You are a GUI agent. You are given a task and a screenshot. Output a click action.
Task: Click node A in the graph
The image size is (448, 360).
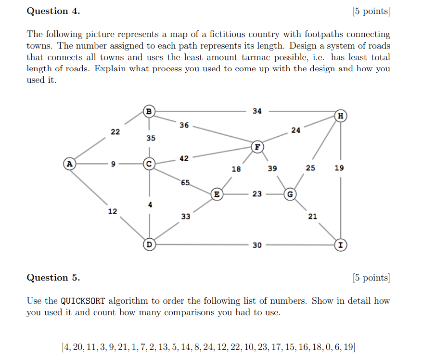pyautogui.click(x=70, y=164)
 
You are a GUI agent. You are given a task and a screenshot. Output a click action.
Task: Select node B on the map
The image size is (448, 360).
pyautogui.click(x=149, y=112)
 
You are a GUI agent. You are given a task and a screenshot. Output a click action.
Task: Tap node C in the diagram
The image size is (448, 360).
pyautogui.click(x=149, y=164)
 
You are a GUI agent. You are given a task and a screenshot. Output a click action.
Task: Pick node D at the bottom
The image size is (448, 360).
pyautogui.click(x=149, y=245)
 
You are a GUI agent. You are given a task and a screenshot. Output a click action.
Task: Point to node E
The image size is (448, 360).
pyautogui.click(x=217, y=194)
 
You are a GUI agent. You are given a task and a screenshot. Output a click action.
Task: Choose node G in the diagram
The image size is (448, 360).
pyautogui.click(x=290, y=194)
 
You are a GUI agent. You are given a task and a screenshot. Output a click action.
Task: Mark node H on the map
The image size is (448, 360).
pyautogui.click(x=341, y=116)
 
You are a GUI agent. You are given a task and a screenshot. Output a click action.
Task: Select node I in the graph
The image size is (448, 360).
pyautogui.click(x=341, y=245)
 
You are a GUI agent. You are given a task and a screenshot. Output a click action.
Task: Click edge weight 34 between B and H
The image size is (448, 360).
pyautogui.click(x=257, y=111)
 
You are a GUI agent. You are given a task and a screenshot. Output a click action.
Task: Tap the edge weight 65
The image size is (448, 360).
pyautogui.click(x=186, y=183)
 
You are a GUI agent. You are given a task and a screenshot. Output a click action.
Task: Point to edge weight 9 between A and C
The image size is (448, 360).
pyautogui.click(x=114, y=164)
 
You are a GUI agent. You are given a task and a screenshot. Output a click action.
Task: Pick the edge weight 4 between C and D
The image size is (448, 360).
pyautogui.click(x=150, y=205)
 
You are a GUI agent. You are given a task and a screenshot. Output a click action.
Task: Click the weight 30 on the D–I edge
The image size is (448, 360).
pyautogui.click(x=257, y=245)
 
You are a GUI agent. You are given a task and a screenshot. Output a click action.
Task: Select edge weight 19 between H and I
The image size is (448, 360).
pyautogui.click(x=340, y=168)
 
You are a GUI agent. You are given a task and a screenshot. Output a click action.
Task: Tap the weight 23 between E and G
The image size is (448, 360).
pyautogui.click(x=257, y=194)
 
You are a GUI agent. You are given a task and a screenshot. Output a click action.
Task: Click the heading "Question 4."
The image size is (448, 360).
pyautogui.click(x=53, y=11)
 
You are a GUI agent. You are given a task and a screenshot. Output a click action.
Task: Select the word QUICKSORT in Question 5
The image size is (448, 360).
pyautogui.click(x=83, y=301)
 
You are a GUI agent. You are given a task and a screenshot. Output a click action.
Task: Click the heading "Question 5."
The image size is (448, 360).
pyautogui.click(x=53, y=278)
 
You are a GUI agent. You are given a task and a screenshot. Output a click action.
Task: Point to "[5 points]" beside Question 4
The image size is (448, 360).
pyautogui.click(x=371, y=11)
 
